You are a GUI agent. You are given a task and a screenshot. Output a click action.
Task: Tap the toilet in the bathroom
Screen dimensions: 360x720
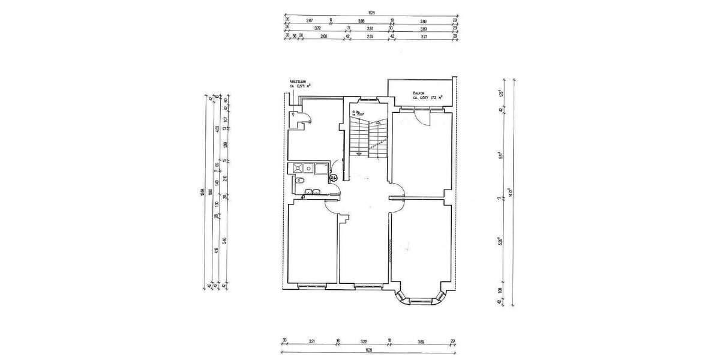tap(299, 180)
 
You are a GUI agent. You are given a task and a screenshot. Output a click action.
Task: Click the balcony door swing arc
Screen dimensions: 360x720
tap(424, 117)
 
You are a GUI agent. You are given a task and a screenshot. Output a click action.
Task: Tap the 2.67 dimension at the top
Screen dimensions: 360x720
tap(310, 21)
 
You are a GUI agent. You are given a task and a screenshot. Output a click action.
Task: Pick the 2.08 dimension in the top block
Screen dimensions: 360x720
tap(324, 37)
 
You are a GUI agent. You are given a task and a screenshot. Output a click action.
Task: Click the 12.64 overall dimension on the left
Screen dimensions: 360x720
tap(202, 192)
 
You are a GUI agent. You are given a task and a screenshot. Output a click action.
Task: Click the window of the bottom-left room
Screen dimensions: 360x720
tap(310, 286)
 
